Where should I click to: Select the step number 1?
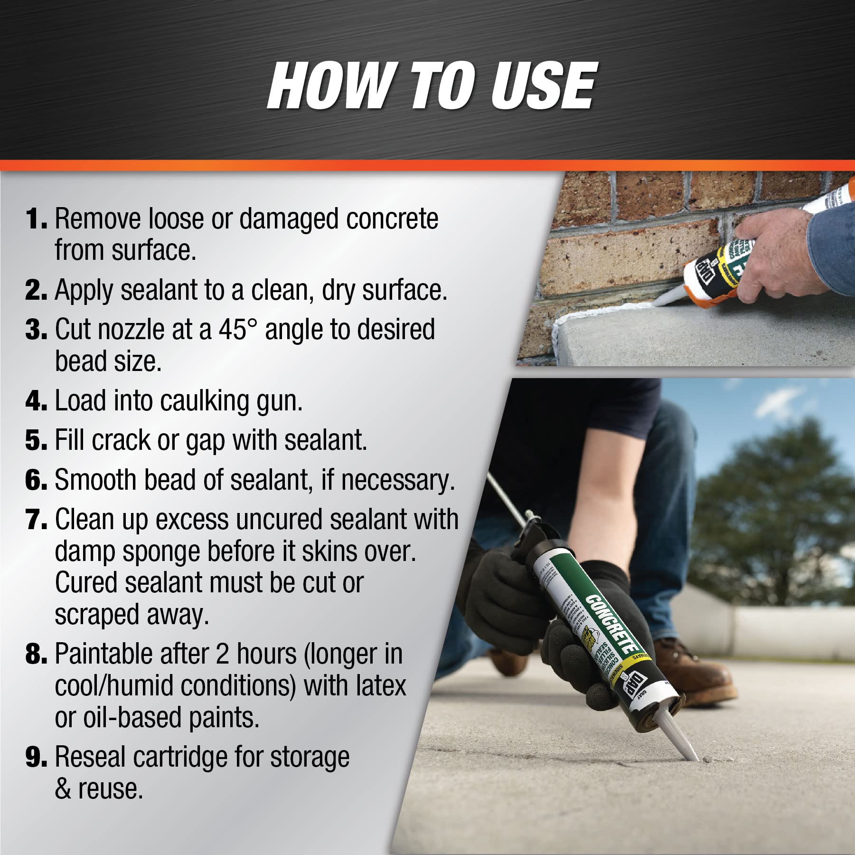click(x=36, y=219)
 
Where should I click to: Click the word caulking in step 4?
click(x=204, y=401)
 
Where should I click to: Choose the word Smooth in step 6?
click(x=95, y=480)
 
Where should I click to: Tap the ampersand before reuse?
click(x=63, y=789)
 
